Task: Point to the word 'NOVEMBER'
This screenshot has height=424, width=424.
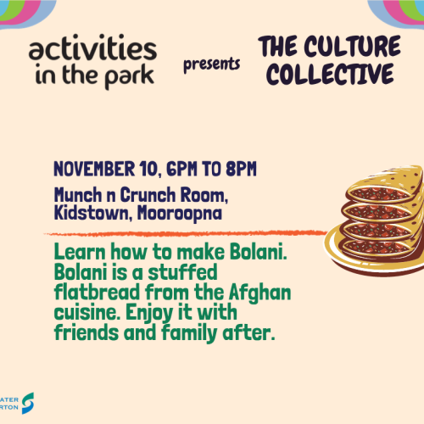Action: point(92,168)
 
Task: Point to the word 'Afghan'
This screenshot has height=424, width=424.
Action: point(259,293)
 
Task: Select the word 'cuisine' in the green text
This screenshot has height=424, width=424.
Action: point(86,313)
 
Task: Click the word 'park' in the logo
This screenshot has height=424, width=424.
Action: point(129,76)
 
